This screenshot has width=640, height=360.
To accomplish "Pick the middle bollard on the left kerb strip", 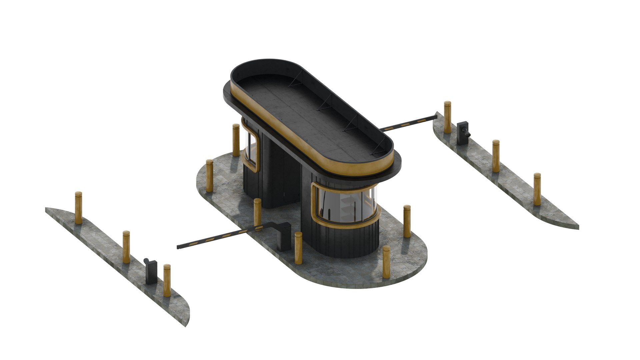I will pyautogui.click(x=126, y=247).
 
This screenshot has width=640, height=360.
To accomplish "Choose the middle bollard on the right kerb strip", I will pyautogui.click(x=496, y=156).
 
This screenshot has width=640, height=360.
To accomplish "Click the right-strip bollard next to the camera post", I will pyautogui.click(x=447, y=117).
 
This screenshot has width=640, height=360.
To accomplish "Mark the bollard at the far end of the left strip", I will pyautogui.click(x=78, y=207).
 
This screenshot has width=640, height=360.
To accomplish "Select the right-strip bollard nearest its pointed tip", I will pyautogui.click(x=537, y=189).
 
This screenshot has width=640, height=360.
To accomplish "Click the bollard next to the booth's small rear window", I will pyautogui.click(x=236, y=140).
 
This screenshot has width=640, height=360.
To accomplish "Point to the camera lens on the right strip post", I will pyautogui.click(x=468, y=134).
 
